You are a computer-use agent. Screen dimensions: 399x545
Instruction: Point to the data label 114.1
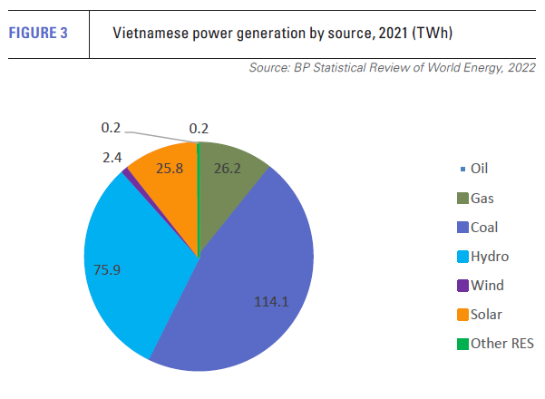(x=270, y=302)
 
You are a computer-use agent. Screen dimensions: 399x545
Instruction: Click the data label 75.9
(x=108, y=268)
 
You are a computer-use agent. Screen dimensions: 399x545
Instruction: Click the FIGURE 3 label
(x=39, y=34)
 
